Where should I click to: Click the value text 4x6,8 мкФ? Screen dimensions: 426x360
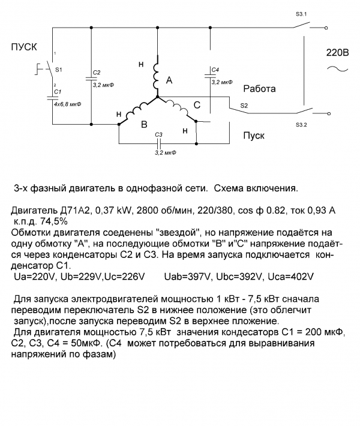[67, 104]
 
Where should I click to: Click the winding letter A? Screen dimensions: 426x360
[169, 80]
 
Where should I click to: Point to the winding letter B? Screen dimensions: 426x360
[143, 125]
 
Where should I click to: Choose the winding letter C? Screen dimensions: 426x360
[197, 106]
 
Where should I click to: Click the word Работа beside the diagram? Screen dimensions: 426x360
[259, 89]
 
